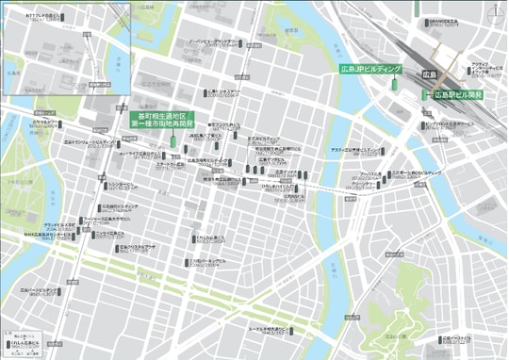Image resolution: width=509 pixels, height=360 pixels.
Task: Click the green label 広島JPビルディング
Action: coord(372,71)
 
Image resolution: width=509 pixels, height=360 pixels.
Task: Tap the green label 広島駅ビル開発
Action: coord(458,95)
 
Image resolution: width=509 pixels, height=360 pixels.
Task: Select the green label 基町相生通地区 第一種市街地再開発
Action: coord(153,120)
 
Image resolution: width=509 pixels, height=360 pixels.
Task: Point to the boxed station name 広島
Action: coord(428,73)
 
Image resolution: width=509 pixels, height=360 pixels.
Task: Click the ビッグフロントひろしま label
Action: coord(452,123)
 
